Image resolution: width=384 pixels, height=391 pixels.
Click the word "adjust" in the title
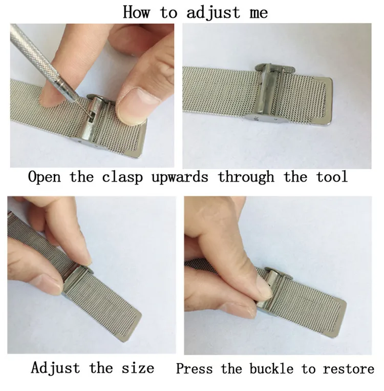coord(213,12)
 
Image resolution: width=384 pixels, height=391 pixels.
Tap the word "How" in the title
coord(137,12)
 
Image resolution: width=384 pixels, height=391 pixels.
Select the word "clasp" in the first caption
coord(122,177)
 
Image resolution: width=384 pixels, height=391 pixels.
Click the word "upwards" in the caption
coord(180,177)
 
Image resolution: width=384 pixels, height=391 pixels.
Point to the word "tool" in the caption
coord(332,177)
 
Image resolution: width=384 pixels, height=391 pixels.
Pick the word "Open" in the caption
coord(44,177)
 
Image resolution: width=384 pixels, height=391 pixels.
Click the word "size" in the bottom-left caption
coord(138,368)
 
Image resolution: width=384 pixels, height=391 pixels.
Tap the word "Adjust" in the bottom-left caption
coord(55,368)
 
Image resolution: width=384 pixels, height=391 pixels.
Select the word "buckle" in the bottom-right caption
coord(271,368)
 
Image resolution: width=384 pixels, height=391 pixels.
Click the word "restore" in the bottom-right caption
coord(348,369)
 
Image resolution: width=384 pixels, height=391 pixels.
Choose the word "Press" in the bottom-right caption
coord(195,368)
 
